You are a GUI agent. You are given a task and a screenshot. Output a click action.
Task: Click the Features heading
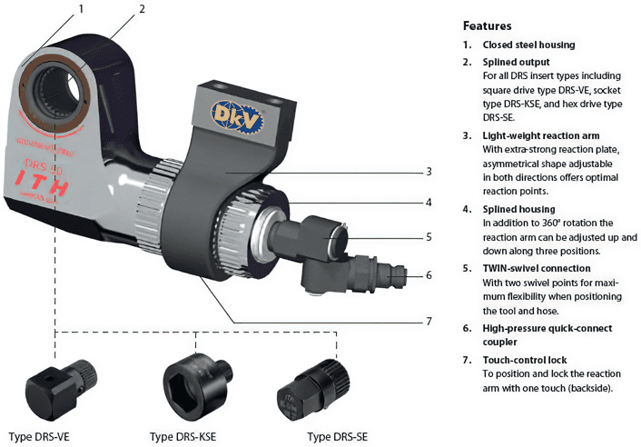(x=488, y=26)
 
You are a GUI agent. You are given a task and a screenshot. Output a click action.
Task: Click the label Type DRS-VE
(x=39, y=436)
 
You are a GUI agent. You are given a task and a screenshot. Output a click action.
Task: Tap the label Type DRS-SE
(x=337, y=436)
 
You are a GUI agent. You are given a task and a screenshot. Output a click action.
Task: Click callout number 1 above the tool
(x=81, y=9)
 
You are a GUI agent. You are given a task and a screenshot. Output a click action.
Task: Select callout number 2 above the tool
(x=143, y=9)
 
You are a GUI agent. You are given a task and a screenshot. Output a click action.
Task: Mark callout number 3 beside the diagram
(x=429, y=171)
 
